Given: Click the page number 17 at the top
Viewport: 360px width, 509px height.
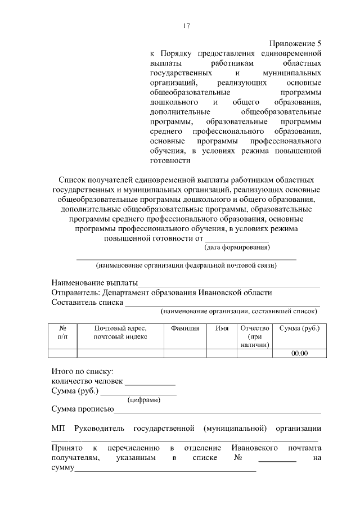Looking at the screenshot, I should point(187,26).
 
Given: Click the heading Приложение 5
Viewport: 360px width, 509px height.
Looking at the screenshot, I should point(295,43).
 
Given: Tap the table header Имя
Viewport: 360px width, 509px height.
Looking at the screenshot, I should point(221,328).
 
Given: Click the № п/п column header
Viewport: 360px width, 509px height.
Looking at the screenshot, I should point(62,332).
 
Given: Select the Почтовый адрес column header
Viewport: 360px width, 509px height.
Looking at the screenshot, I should point(120,332).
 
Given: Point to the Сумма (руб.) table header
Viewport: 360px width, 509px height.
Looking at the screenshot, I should point(299,328).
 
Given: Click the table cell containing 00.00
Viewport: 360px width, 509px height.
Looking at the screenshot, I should point(299,353).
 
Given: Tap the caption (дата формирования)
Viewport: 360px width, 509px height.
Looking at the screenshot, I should point(236,247).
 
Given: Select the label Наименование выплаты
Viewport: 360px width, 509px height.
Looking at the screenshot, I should point(94,282).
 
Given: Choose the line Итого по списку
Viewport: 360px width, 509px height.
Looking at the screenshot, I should point(82,371).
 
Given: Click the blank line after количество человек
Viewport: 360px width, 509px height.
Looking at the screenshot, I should point(150,381).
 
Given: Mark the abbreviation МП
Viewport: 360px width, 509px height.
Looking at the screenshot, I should point(57,429).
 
